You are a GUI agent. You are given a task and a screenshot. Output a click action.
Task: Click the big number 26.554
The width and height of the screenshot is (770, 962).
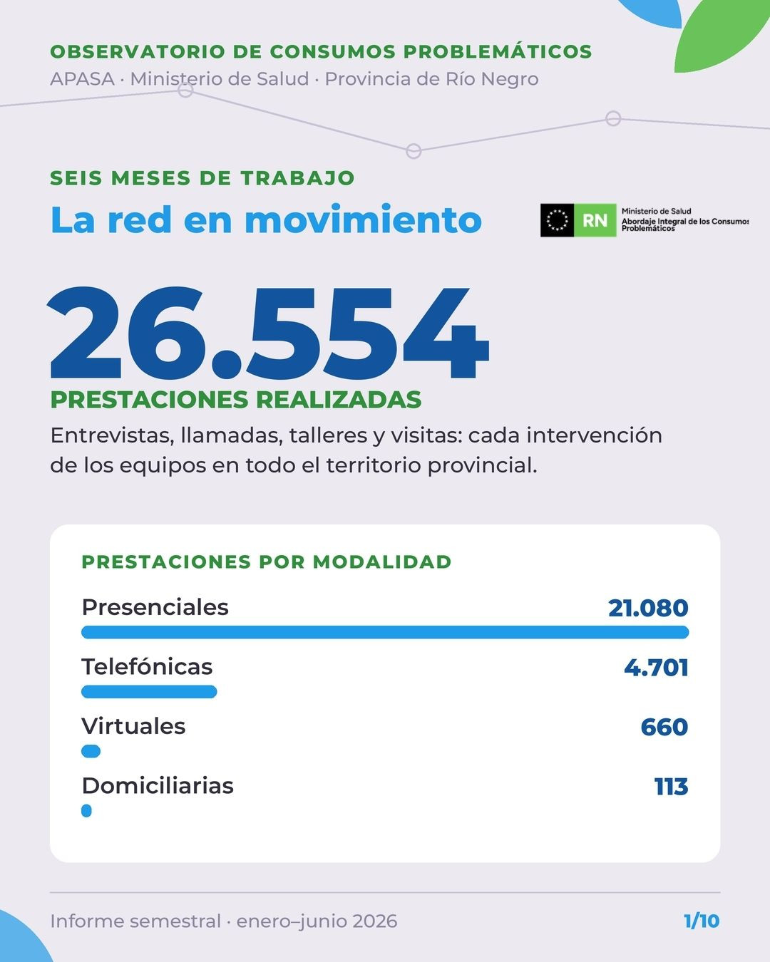click(269, 333)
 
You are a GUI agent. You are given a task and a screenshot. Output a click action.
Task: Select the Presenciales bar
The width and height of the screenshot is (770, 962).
click(385, 632)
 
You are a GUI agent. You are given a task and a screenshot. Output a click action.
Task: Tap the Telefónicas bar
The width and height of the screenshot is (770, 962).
click(149, 691)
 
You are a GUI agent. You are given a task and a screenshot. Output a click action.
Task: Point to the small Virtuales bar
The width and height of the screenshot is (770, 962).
click(91, 751)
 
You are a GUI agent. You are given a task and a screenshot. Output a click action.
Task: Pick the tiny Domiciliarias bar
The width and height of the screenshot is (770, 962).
click(86, 810)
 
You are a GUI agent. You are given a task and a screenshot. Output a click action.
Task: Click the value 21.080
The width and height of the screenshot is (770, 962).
click(648, 608)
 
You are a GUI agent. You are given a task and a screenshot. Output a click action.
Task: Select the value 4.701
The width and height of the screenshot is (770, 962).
click(656, 668)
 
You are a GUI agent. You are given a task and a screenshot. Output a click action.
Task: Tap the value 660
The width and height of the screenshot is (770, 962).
click(664, 727)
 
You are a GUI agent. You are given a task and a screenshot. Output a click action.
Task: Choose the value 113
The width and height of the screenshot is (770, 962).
click(671, 786)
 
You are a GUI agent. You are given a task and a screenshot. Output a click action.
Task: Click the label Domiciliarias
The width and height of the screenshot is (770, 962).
click(158, 785)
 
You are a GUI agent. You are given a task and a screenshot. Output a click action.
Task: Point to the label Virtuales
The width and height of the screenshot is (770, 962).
click(133, 726)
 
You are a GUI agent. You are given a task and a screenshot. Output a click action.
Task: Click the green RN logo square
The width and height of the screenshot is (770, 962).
click(595, 220)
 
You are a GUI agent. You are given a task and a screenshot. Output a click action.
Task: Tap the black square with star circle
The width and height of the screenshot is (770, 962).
click(557, 220)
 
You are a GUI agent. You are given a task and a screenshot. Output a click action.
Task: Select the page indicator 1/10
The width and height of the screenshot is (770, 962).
click(702, 921)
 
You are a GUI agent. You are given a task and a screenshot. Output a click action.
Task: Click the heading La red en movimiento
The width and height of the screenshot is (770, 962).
click(266, 219)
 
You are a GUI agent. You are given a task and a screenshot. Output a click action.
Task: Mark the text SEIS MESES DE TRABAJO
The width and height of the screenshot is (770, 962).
click(202, 178)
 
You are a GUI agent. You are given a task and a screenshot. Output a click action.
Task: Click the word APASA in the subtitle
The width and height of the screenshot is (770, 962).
click(82, 79)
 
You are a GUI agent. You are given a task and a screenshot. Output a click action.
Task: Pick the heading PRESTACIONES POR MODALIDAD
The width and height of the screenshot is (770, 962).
click(267, 562)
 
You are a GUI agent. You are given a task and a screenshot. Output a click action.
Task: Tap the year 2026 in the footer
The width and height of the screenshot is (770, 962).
click(374, 921)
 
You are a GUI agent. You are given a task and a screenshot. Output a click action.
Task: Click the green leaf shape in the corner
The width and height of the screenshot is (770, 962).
click(722, 35)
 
